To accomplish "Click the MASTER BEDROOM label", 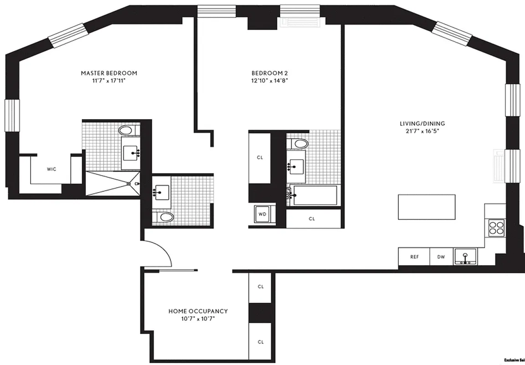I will [x=109, y=73].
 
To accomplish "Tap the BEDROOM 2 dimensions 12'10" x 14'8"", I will [x=269, y=80].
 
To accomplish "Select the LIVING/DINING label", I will [x=422, y=124].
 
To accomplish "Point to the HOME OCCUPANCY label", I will [x=198, y=311].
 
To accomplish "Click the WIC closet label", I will [x=51, y=169].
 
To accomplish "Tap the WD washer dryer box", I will [x=262, y=214].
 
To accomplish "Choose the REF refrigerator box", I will [x=414, y=257].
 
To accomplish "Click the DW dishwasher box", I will [x=441, y=257].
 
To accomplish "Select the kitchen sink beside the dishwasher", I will [x=465, y=256].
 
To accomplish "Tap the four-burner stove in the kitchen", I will [x=495, y=227].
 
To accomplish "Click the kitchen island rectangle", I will [x=427, y=207].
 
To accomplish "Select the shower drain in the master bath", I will [x=129, y=184].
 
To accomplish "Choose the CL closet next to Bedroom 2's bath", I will [x=260, y=157].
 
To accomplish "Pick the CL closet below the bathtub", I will [x=312, y=219].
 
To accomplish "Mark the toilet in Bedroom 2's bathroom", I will [x=300, y=144].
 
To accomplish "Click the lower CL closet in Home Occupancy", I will [x=261, y=342].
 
